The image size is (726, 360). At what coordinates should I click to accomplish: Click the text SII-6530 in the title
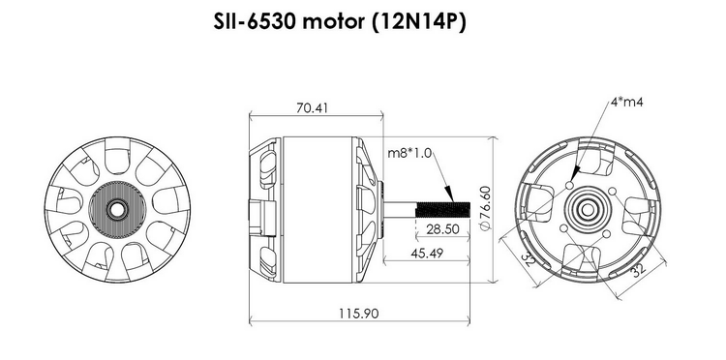(x=253, y=22)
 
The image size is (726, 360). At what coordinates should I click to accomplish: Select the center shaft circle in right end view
(x=588, y=208)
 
